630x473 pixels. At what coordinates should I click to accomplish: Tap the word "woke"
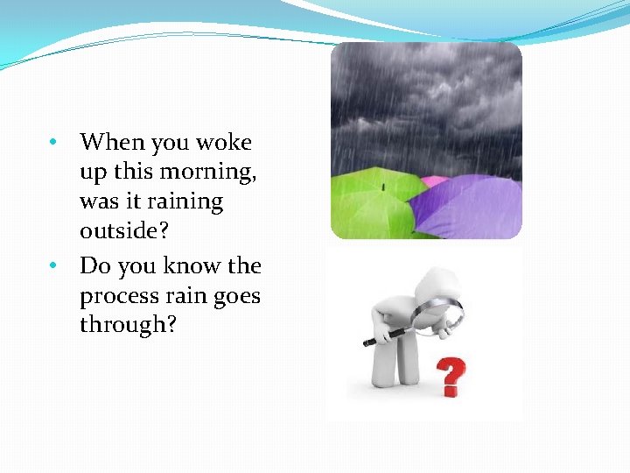pos(223,142)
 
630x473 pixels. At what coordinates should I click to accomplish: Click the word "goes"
pos(236,297)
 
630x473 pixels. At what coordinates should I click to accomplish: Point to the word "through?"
pos(129,325)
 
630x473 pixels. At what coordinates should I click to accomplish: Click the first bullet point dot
pos(53,142)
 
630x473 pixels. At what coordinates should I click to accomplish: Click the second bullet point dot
pos(53,265)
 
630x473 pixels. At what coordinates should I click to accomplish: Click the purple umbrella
pos(468,207)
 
